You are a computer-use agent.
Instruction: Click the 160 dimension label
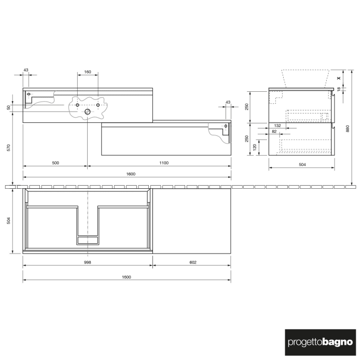click(x=88, y=72)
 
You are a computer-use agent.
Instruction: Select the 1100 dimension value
click(x=163, y=163)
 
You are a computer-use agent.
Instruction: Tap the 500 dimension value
click(x=55, y=163)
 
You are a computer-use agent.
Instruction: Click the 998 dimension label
click(x=88, y=262)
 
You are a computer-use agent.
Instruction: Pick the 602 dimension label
click(x=192, y=262)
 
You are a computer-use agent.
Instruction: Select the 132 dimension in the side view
click(x=277, y=126)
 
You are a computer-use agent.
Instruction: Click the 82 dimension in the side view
click(x=273, y=132)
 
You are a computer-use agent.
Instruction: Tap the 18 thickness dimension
click(x=339, y=89)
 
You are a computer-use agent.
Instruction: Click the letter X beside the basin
click(x=339, y=78)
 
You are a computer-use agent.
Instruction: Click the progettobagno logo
click(x=319, y=342)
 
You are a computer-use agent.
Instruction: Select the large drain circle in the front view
click(x=87, y=111)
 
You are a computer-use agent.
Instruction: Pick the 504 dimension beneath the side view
click(x=302, y=165)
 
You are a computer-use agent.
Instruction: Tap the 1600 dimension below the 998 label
click(x=127, y=277)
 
